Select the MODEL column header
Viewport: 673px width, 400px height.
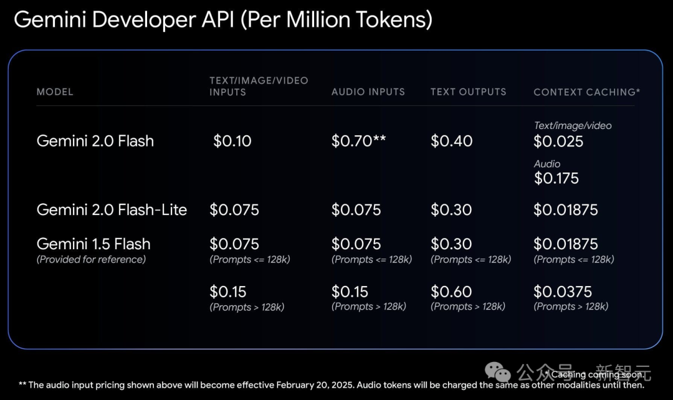tap(55, 92)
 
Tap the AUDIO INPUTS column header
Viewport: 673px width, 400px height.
tap(368, 92)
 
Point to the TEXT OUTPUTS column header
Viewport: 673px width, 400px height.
tap(468, 92)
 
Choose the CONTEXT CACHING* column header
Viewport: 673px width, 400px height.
tap(586, 92)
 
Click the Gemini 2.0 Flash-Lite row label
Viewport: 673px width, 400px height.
tap(112, 210)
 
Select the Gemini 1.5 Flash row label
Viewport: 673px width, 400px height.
tap(93, 244)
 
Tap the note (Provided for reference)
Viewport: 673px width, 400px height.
tap(91, 259)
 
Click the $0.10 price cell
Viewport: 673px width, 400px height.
tap(232, 141)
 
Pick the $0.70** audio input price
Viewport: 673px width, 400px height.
tap(358, 141)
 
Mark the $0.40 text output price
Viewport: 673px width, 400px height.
tap(451, 141)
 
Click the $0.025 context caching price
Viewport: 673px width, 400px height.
tap(558, 141)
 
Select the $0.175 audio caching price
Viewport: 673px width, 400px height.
tap(556, 179)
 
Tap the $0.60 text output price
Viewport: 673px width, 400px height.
tap(451, 292)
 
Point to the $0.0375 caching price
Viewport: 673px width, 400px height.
tap(562, 292)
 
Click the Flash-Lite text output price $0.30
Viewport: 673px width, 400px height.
tap(451, 210)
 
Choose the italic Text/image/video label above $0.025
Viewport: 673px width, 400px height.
tap(572, 126)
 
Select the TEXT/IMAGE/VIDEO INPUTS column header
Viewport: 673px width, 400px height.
tap(259, 86)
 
